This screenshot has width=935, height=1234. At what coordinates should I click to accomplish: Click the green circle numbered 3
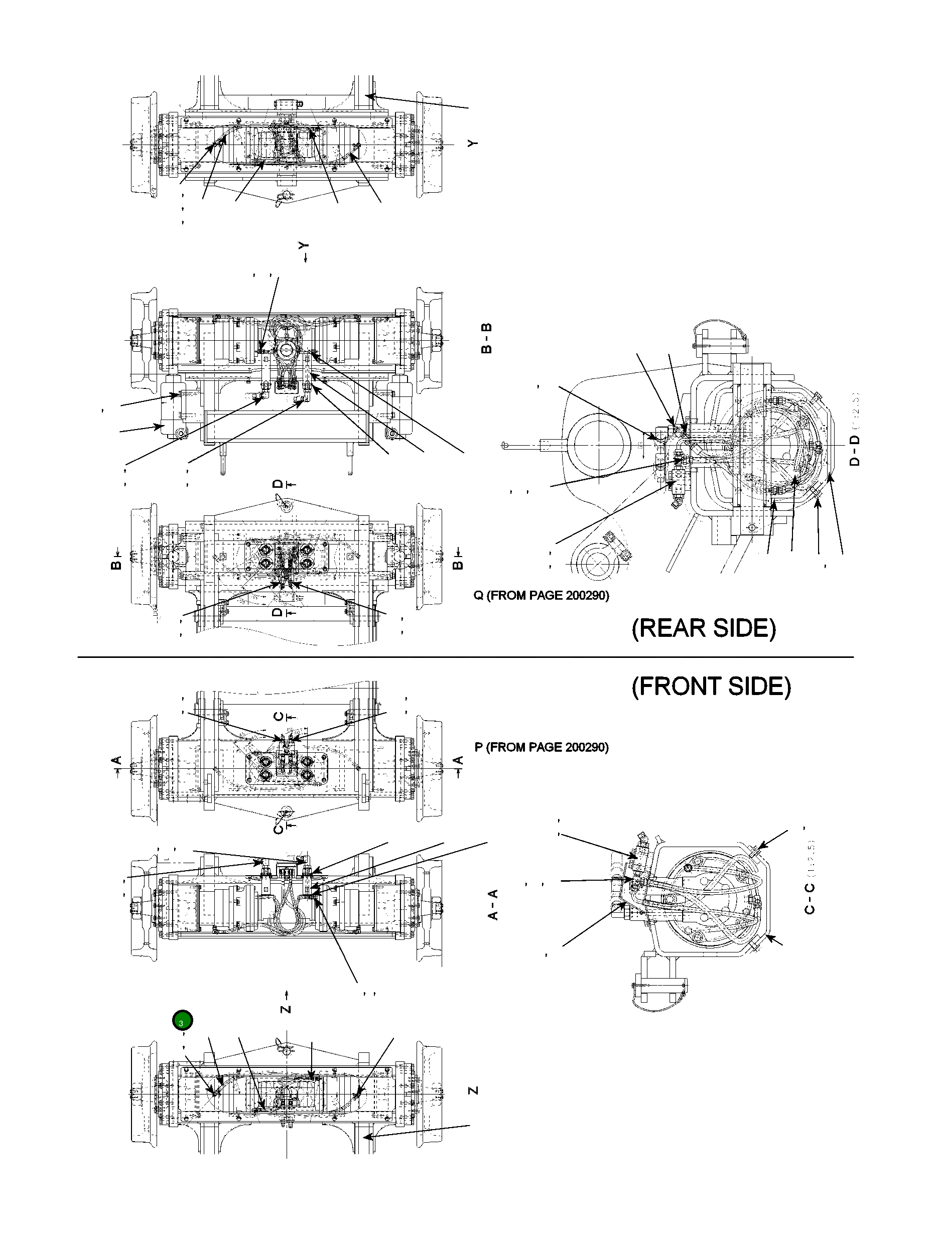[x=182, y=1021]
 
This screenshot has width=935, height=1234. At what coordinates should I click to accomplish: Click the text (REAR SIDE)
[x=704, y=628]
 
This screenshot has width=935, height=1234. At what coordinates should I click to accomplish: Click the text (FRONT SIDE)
[x=711, y=686]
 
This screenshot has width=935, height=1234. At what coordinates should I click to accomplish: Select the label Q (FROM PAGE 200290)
[x=541, y=595]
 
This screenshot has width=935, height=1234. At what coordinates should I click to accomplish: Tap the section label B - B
[x=486, y=338]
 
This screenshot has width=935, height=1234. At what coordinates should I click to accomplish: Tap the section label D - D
[x=854, y=451]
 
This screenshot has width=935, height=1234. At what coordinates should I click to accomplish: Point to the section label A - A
[x=493, y=904]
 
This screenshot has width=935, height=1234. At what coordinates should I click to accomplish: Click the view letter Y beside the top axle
[x=473, y=144]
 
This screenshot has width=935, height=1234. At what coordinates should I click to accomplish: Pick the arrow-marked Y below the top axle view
[x=304, y=251]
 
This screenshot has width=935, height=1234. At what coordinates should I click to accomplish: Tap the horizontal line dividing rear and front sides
[x=465, y=657]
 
